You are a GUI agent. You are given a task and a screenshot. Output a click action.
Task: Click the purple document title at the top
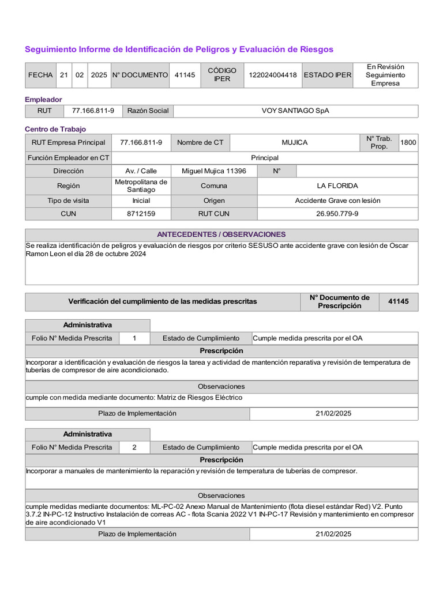[x=179, y=50]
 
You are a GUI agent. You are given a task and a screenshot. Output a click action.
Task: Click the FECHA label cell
[x=40, y=75]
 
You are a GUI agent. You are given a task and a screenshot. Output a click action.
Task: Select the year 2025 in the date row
[x=99, y=75]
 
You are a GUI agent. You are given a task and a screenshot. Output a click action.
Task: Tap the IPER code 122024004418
[x=272, y=75]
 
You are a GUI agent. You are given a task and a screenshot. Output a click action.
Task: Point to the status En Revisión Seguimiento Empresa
[x=385, y=75]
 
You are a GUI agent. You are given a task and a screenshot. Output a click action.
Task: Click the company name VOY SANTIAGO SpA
[x=295, y=111]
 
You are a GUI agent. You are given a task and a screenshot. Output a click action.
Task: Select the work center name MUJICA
[x=294, y=142]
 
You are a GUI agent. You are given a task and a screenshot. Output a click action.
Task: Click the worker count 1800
[x=408, y=142]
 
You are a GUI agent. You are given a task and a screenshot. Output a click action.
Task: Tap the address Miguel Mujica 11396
[x=213, y=171]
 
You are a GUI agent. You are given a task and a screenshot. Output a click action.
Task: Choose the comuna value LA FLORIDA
[x=337, y=186]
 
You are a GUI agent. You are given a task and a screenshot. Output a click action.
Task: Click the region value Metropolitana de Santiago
[x=141, y=186]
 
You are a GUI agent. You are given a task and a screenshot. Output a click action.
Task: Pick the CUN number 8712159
[x=141, y=214]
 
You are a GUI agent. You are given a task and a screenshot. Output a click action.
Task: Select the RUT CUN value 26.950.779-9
[x=337, y=214]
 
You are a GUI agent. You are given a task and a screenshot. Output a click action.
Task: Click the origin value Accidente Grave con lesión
[x=337, y=201]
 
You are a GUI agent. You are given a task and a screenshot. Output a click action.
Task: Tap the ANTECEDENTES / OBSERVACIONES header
[x=221, y=235]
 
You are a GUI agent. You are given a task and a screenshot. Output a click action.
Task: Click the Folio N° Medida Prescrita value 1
[x=134, y=338]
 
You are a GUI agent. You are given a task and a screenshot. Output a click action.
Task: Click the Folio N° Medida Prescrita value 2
[x=134, y=447]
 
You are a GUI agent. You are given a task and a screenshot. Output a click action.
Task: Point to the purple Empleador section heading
[x=43, y=100]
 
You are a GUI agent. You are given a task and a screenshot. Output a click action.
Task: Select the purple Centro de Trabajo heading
[x=55, y=129]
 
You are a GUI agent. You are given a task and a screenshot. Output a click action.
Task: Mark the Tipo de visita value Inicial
[x=141, y=201]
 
